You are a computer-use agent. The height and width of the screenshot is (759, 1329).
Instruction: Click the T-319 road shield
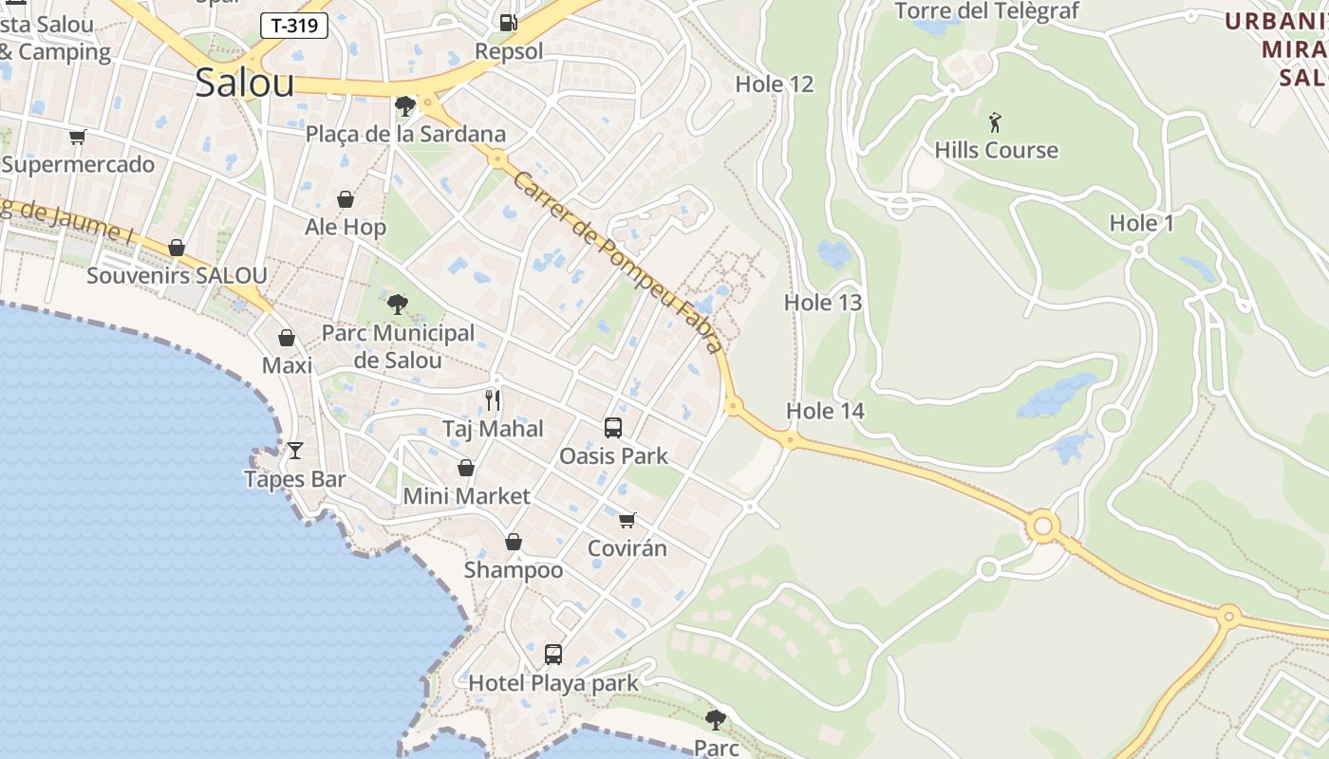[x=294, y=26]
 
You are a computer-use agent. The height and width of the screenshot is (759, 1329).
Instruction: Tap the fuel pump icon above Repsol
[x=508, y=22]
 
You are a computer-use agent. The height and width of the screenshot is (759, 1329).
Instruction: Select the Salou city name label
[x=245, y=83]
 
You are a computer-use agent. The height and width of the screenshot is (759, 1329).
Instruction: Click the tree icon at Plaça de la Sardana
[x=405, y=105]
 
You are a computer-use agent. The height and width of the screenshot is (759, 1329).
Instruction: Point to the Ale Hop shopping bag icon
[x=346, y=199]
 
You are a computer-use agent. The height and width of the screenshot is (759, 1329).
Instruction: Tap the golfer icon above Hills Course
[x=995, y=122]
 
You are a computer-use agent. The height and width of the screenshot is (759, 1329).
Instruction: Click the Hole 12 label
[x=775, y=83]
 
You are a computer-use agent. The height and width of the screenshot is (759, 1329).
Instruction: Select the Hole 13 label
[x=823, y=303]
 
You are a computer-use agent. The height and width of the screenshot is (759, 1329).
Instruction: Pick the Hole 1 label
[x=1142, y=224]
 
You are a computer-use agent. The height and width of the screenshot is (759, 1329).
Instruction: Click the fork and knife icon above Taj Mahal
[x=493, y=399]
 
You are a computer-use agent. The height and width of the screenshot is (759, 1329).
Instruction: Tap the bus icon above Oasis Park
[x=613, y=428]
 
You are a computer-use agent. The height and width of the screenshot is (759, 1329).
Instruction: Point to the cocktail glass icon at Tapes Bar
[x=295, y=451]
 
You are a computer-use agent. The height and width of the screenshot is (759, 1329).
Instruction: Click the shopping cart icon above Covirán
[x=627, y=520]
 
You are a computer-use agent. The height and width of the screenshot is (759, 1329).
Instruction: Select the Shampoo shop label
[x=513, y=570]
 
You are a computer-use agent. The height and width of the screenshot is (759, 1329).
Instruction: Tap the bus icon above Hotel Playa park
[x=553, y=654]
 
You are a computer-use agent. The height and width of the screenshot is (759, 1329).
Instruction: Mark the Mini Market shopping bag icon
[x=466, y=468]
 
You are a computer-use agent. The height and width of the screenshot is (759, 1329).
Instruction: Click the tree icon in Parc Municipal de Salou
[x=398, y=305]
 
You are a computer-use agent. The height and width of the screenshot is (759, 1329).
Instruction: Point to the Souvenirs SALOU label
[x=177, y=276]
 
